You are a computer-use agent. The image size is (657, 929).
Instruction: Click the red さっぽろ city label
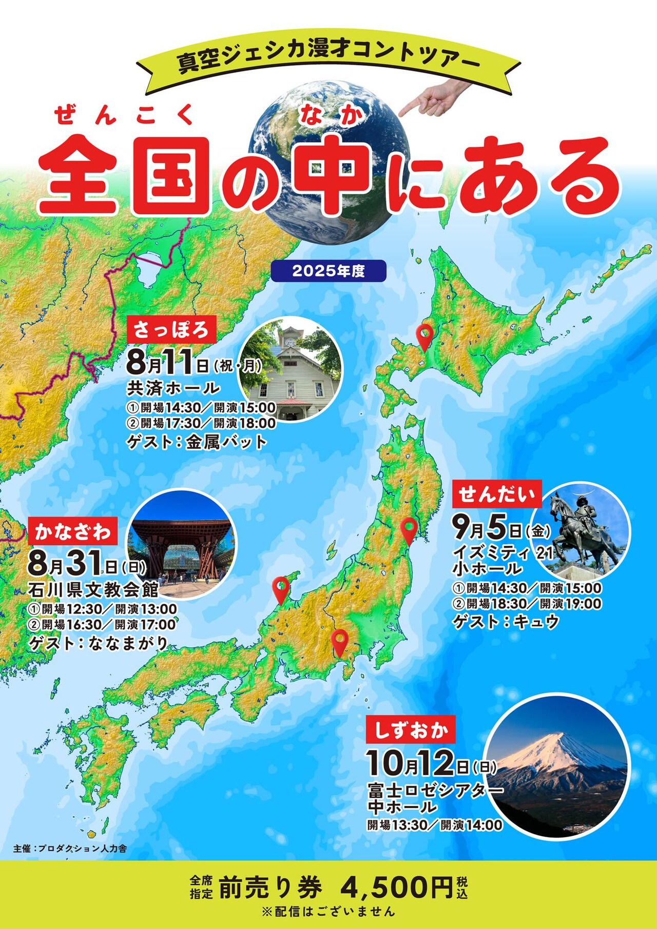point(171,329)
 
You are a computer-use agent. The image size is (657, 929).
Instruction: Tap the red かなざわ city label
point(72,532)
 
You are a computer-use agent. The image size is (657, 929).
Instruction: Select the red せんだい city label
point(496,494)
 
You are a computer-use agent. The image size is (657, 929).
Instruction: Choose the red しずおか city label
point(411,729)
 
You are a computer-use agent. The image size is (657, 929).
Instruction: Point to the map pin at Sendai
point(409,530)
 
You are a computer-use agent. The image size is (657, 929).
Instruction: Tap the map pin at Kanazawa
point(280,589)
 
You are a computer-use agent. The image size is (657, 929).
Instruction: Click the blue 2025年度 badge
point(328,271)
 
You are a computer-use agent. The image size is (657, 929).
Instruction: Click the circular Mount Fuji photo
point(557,767)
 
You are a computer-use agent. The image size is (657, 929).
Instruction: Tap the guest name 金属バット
point(226,442)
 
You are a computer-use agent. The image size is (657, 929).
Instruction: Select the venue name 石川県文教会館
point(93,590)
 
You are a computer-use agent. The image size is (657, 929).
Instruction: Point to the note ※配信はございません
point(328,912)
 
